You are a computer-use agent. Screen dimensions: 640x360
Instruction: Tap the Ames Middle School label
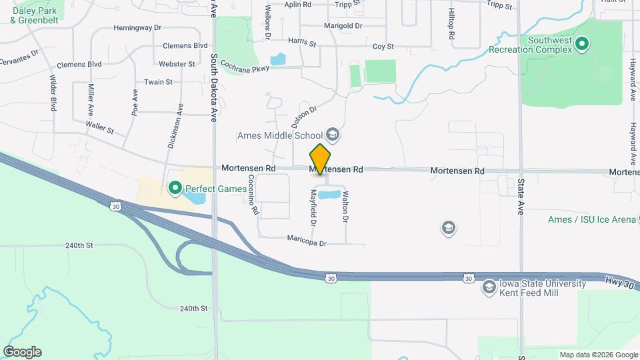point(280,136)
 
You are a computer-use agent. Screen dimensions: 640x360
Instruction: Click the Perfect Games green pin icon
point(175,189)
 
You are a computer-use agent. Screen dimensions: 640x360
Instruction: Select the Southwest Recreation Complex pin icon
point(582,45)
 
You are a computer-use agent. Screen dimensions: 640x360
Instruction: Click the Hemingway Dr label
point(138,28)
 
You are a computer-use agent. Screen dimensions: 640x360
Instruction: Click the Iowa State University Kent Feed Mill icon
point(489,287)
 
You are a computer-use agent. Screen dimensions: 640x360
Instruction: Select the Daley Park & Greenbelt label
point(34,16)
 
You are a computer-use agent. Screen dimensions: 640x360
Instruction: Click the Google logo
point(22,352)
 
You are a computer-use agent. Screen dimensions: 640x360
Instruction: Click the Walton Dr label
point(345,207)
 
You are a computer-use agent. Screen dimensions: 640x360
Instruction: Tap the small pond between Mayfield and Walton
point(327,195)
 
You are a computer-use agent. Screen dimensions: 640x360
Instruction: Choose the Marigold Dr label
point(343,26)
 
